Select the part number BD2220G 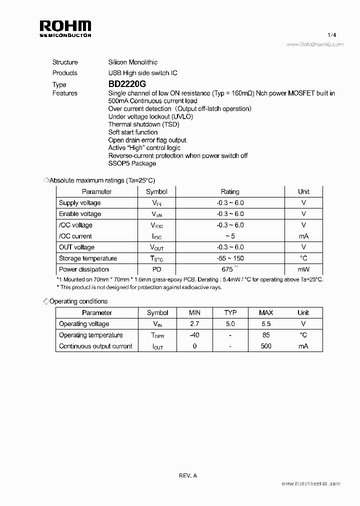tap(127, 84)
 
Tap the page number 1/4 tap(331, 35)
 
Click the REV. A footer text tap(188, 475)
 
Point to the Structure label tap(65, 62)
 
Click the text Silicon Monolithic tap(133, 62)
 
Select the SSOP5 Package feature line tap(132, 163)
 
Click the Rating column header tap(230, 191)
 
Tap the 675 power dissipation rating tap(228, 269)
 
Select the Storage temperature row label tap(88, 258)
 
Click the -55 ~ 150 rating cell tap(230, 258)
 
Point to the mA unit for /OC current tap(303, 236)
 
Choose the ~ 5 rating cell tap(230, 236)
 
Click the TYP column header tap(230, 312)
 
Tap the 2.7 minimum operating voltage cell tap(194, 324)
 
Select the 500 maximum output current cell tap(266, 346)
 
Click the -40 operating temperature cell tap(194, 335)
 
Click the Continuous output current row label tap(95, 346)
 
